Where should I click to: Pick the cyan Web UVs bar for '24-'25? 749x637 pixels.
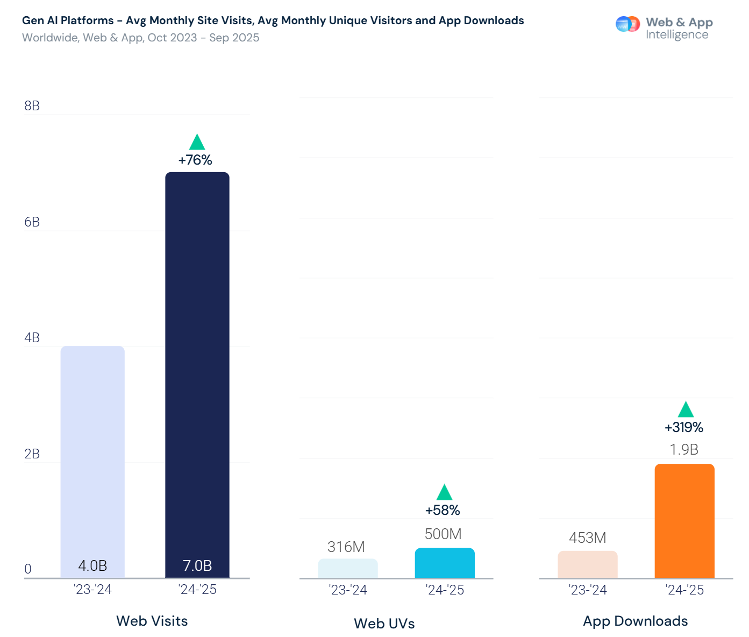445,563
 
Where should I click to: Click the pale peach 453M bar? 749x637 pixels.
587,564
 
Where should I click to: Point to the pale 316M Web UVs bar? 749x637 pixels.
347,568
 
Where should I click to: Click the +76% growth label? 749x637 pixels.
195,160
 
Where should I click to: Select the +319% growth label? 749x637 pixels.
684,427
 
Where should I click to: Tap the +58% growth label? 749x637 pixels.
443,510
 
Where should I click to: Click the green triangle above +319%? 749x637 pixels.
686,410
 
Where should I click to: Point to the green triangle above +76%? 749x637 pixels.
197,143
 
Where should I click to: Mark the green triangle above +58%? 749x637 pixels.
444,493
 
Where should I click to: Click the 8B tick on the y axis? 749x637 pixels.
32,105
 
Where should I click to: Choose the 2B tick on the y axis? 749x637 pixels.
32,454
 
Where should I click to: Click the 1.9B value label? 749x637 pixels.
684,449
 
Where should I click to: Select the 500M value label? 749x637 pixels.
443,534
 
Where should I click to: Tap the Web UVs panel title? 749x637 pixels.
384,624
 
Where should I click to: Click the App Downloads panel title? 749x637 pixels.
635,621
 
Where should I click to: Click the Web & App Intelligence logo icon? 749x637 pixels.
627,24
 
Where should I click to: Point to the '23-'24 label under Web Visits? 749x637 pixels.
92,590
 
